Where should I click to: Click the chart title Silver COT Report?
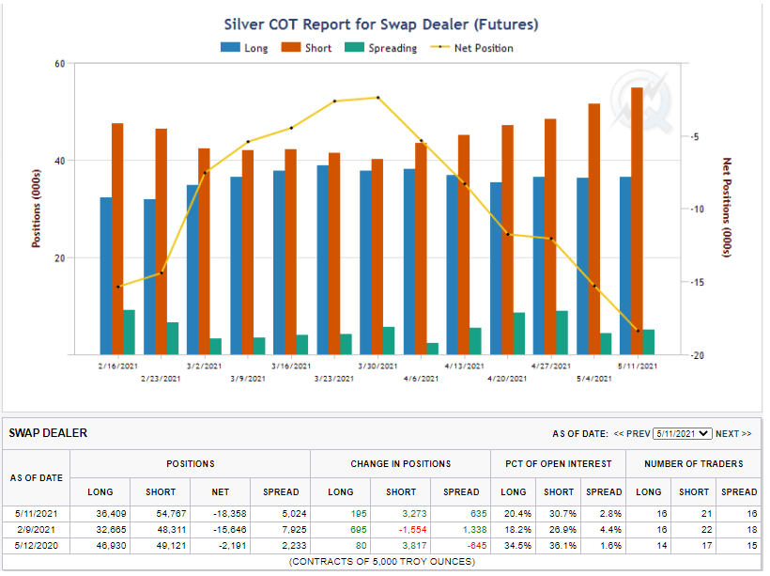(x=381, y=24)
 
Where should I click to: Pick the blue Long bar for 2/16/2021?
(x=106, y=275)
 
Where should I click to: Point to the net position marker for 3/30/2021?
(x=377, y=98)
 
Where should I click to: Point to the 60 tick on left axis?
(x=58, y=64)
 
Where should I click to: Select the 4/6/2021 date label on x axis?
(x=421, y=380)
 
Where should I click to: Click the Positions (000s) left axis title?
(x=37, y=209)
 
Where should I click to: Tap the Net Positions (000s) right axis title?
(x=726, y=209)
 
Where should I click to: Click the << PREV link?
(x=631, y=434)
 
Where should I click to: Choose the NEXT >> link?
(x=733, y=434)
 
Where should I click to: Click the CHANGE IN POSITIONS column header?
(x=400, y=463)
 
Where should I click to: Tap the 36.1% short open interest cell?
(x=558, y=546)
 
